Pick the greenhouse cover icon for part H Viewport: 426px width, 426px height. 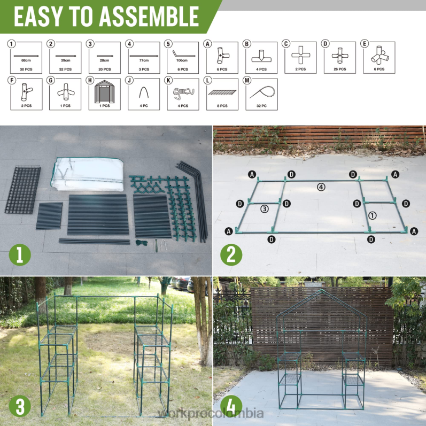click(x=105, y=94)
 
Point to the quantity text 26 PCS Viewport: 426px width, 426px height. click(x=340, y=69)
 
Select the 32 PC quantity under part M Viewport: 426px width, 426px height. click(x=261, y=106)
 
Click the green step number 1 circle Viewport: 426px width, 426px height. click(x=19, y=256)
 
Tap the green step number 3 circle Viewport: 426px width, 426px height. click(x=19, y=407)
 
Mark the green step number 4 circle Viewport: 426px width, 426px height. click(x=231, y=407)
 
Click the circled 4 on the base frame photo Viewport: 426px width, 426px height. click(x=321, y=187)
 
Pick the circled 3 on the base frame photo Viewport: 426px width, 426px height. click(x=264, y=209)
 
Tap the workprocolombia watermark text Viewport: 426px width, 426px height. click(x=212, y=414)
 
